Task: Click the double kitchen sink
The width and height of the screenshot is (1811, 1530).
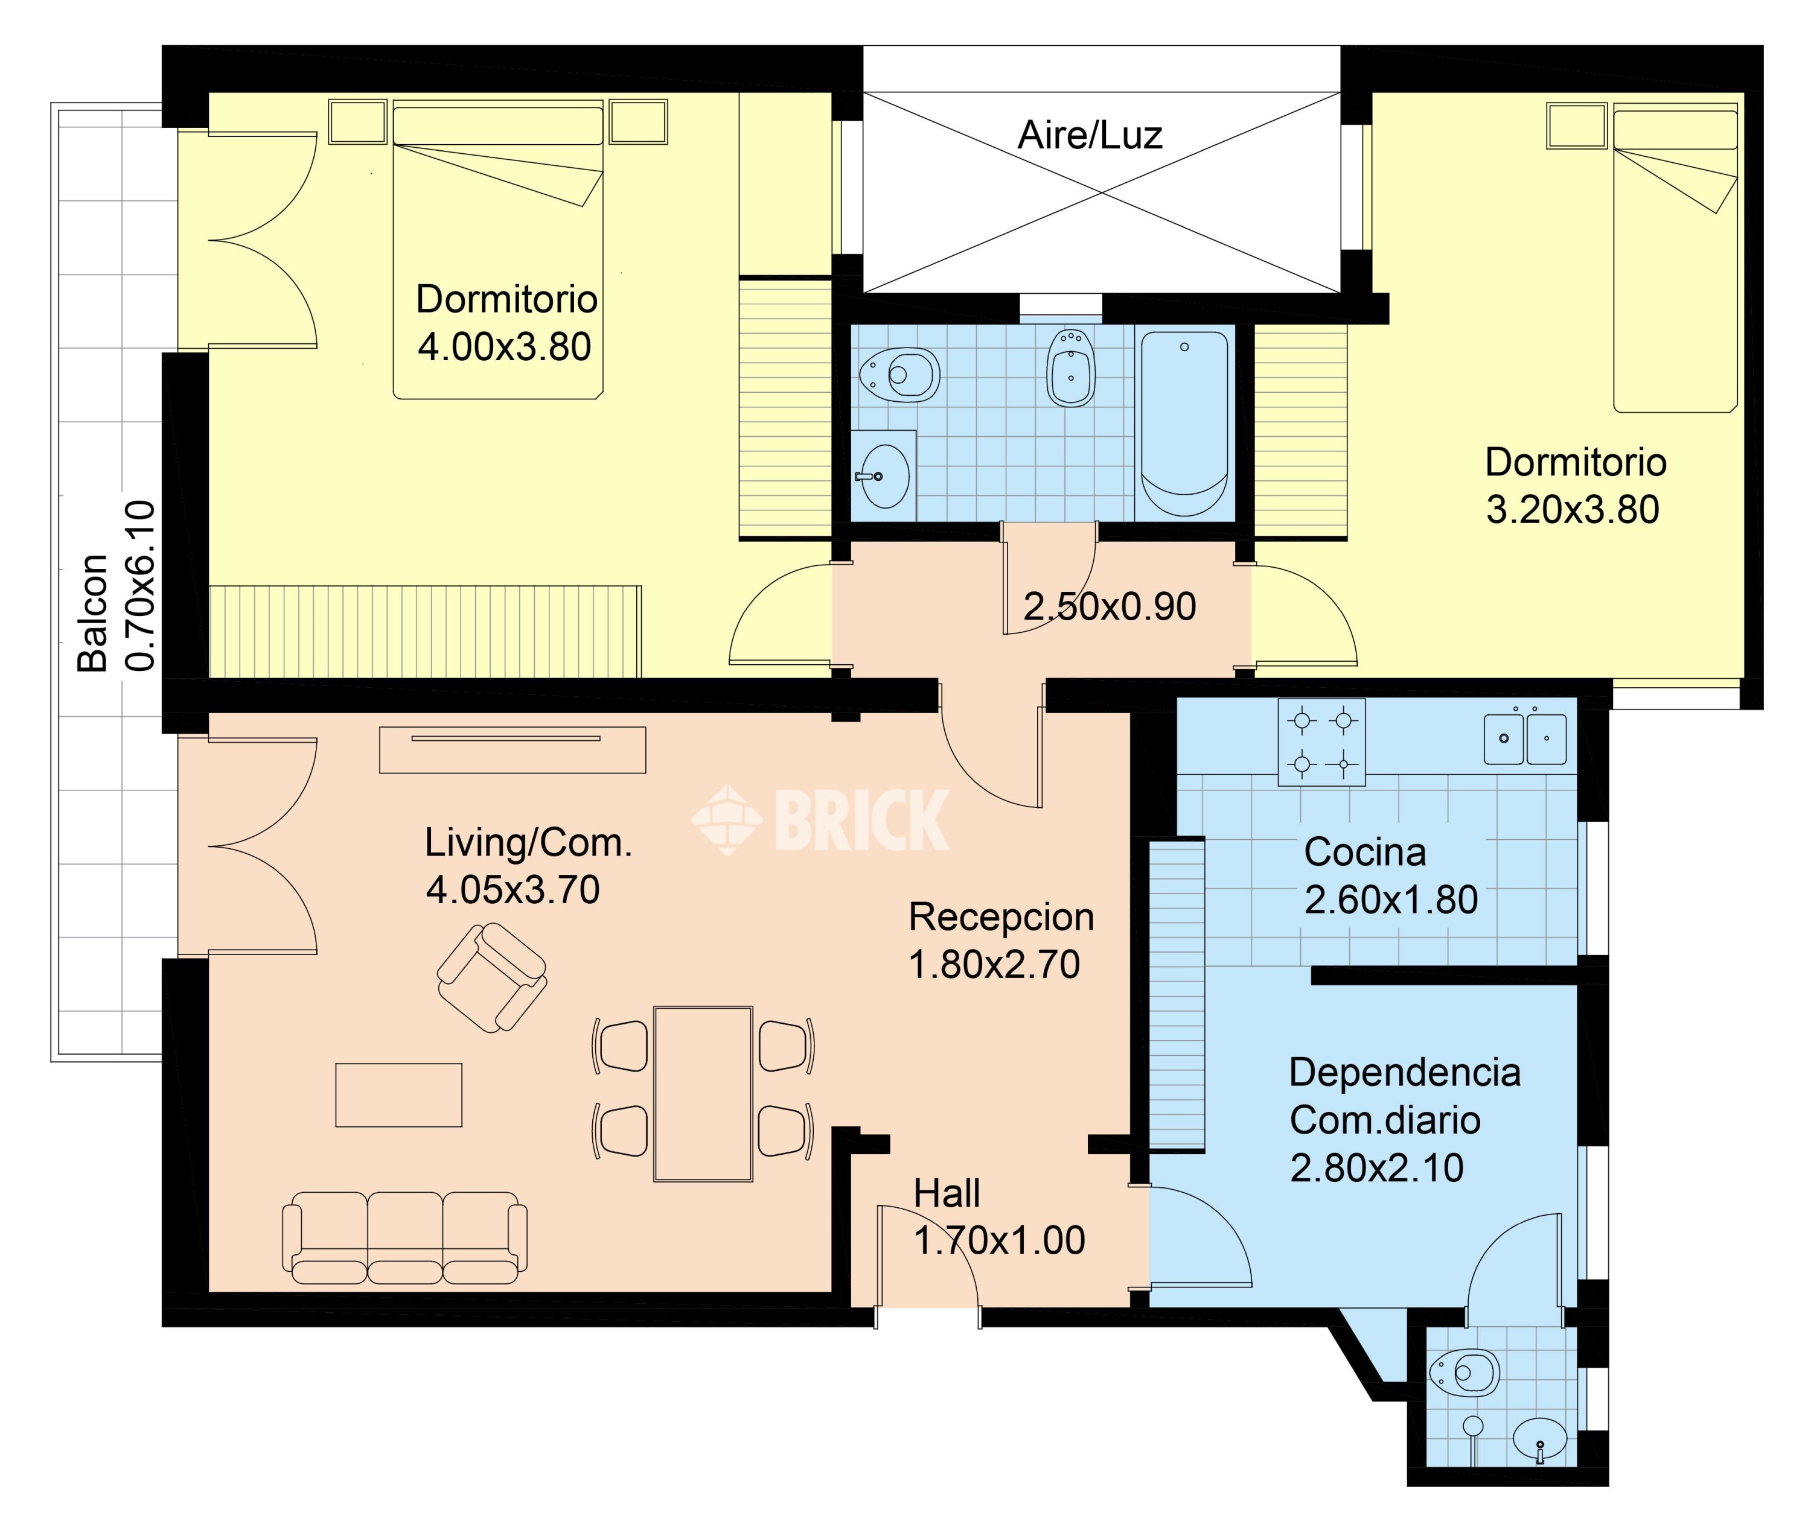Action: click(1525, 738)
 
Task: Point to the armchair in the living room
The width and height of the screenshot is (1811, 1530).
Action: click(491, 977)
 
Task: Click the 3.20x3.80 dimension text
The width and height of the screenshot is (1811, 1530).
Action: click(1573, 509)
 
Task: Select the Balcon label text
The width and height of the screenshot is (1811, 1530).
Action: click(93, 612)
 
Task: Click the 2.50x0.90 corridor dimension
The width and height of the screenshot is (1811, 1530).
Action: click(1110, 607)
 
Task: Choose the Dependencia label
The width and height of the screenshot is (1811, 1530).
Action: click(1405, 1073)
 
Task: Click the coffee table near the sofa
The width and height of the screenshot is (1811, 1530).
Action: click(398, 1094)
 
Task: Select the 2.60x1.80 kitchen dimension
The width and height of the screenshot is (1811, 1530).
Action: click(1391, 900)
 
